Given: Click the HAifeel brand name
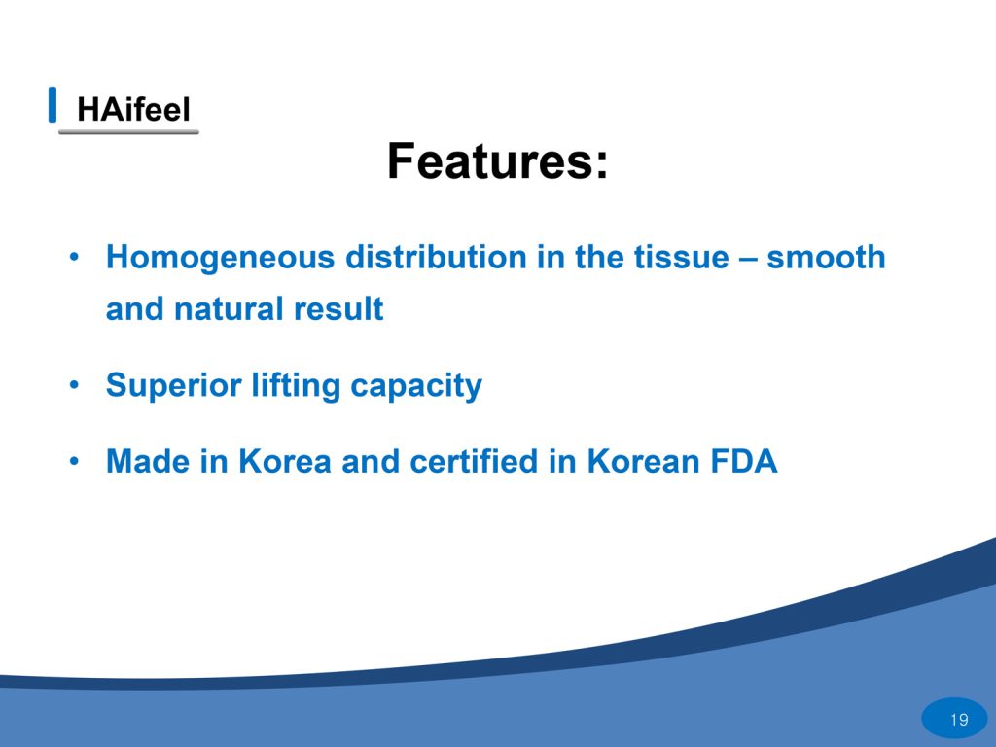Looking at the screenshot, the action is point(133,109).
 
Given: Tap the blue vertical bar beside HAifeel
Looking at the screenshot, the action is point(53,104).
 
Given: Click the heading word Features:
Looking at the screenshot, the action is point(497,161).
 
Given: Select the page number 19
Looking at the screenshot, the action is point(959,720).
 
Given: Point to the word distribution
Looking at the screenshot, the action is point(437,257).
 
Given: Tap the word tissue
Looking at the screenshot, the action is point(684,257).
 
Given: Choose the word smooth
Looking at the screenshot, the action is point(826,257).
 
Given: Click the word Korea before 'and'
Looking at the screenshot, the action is point(285,461).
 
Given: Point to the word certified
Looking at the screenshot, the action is point(474,461).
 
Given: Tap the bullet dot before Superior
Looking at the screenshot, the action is point(75,385).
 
